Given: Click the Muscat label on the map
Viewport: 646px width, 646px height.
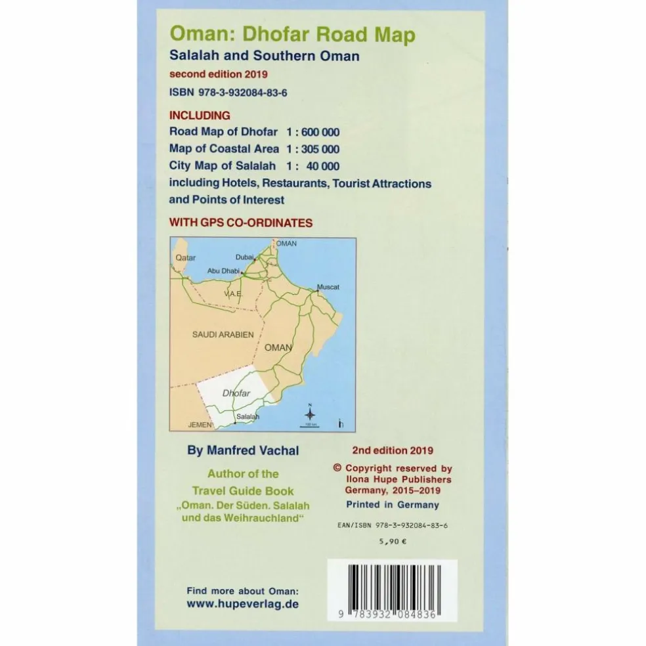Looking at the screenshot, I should (328, 288).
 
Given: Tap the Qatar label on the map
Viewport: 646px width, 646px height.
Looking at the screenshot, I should (186, 258).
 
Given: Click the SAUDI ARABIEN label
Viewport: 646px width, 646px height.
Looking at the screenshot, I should (223, 334).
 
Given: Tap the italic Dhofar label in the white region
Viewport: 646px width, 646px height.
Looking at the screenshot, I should (237, 394).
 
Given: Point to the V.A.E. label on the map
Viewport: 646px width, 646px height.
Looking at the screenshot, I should (234, 294).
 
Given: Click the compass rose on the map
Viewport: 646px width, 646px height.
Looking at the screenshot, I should (311, 413).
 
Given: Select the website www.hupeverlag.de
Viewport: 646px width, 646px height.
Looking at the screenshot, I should (242, 603).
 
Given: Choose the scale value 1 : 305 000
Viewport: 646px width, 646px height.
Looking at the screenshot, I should (312, 148).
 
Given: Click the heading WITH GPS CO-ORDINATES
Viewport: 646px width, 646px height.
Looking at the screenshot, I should (240, 223).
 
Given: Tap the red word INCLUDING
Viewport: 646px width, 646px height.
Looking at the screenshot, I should (200, 116).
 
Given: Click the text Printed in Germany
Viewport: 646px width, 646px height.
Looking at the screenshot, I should (393, 505).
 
